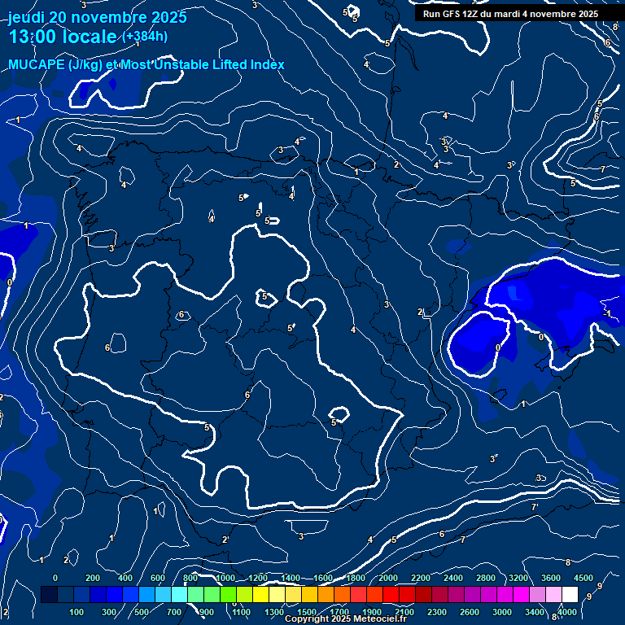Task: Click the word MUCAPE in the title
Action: pyautogui.click(x=37, y=65)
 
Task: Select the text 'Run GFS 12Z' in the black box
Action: pyautogui.click(x=452, y=14)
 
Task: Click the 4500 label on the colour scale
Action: pyautogui.click(x=583, y=578)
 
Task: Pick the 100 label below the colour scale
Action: pyautogui.click(x=77, y=612)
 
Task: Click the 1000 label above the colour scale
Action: pyautogui.click(x=225, y=578)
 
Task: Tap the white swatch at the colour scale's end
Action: pyautogui.click(x=570, y=595)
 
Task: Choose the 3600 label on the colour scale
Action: pyautogui.click(x=551, y=578)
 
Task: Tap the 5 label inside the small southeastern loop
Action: pyautogui.click(x=334, y=422)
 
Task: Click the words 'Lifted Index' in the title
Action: pyautogui.click(x=244, y=65)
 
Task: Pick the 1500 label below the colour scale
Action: pyautogui.click(x=307, y=612)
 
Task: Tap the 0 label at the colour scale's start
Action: pyautogui.click(x=55, y=578)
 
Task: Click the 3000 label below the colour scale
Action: pyautogui.click(x=502, y=612)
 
